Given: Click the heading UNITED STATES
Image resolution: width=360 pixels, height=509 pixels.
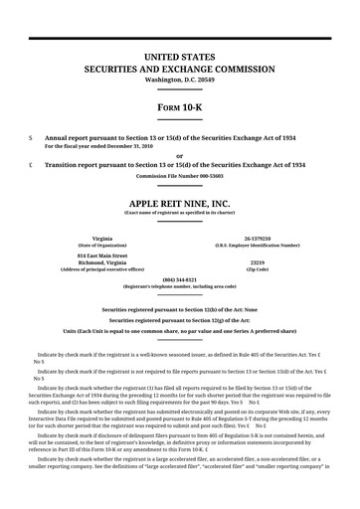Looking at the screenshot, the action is [179, 59].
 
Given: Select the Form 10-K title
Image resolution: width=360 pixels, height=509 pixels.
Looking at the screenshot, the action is [179, 105].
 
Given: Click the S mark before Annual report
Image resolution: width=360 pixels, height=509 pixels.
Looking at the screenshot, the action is [32, 135].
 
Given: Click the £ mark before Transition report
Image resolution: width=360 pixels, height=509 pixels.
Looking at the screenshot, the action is [32, 164].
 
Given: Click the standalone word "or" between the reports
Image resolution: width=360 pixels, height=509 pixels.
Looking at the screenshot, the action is [179, 155].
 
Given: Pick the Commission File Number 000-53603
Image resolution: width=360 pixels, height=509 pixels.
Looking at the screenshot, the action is [179, 175].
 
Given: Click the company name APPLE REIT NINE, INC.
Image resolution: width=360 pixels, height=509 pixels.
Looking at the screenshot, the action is [179, 202].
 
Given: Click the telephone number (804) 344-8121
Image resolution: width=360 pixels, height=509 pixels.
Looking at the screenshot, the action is [179, 279].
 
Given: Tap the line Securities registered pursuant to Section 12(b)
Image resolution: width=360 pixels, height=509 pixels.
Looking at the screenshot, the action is [179, 309].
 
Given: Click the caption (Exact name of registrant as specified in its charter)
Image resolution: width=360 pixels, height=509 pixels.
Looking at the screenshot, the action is [179, 212].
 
